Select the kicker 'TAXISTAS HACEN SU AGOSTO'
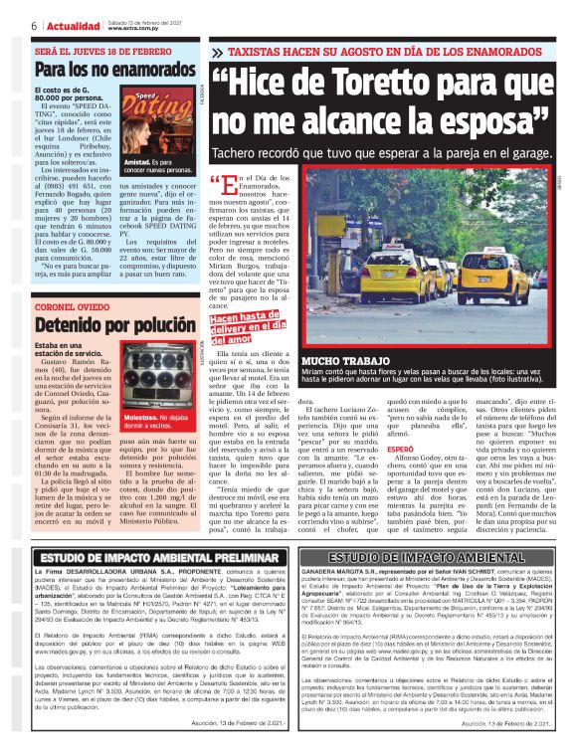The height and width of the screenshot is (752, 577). point(338,48)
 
